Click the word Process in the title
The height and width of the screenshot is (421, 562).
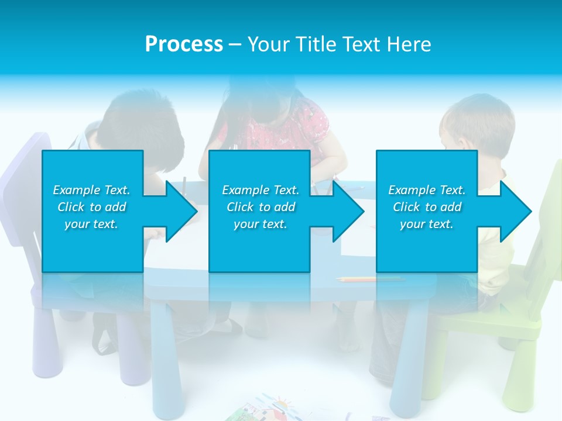coord(184,44)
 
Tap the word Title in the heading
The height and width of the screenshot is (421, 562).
coord(313,44)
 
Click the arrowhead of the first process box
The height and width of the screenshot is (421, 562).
coord(181,212)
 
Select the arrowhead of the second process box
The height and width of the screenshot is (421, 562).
coord(348,212)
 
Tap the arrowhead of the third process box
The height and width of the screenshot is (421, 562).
coord(515,212)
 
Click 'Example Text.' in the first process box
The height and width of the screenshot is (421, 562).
coord(91,190)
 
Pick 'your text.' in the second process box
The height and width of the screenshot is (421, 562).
coord(261,224)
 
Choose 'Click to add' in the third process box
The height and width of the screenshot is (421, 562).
coord(427,207)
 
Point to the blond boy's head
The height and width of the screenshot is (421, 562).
coord(477,123)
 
